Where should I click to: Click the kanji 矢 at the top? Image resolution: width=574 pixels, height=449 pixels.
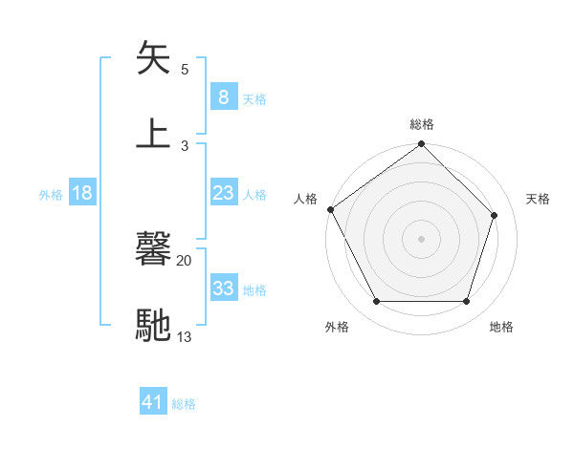153,59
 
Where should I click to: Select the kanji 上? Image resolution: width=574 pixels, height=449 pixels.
153,134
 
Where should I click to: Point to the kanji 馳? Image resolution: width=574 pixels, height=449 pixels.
153,325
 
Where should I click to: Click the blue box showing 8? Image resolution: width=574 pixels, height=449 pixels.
223,96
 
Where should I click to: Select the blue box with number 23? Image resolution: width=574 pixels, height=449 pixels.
223,193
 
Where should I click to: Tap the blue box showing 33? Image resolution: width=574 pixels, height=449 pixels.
223,289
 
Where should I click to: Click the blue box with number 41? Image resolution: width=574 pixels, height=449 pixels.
153,402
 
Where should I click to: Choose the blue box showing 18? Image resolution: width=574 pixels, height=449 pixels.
82,193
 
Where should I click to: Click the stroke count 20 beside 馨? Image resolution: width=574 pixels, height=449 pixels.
184,260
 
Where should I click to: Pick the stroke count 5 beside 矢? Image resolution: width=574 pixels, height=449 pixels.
185,70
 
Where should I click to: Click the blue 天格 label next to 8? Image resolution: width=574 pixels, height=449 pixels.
254,98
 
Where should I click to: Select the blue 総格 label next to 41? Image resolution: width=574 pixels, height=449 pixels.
184,404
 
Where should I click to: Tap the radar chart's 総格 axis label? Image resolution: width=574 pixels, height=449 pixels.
422,124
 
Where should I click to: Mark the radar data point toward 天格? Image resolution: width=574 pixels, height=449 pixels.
495,215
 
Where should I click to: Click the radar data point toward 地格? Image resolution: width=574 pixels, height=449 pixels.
466,302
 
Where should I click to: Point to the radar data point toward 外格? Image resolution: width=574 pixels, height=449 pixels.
376,302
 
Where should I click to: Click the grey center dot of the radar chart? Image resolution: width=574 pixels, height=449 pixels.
421,239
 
